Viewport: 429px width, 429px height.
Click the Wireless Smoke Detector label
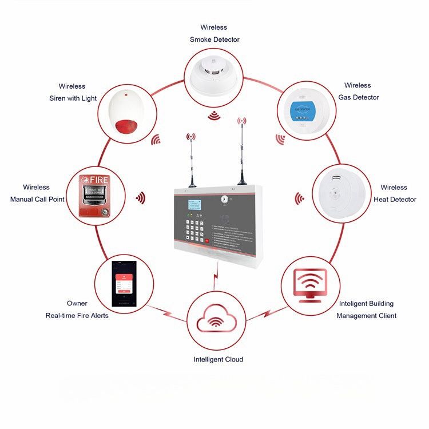point(214,33)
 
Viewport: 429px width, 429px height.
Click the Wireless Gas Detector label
point(358,92)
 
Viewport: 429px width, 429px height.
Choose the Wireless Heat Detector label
point(394,193)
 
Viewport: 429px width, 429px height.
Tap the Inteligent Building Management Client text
point(366,309)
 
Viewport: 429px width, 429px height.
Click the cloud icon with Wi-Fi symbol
point(215,321)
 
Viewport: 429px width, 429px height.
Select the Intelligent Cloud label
point(218,359)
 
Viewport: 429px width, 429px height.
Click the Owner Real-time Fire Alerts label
point(77,309)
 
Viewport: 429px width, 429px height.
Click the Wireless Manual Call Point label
point(37,193)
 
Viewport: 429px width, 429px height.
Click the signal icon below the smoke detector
point(214,116)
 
